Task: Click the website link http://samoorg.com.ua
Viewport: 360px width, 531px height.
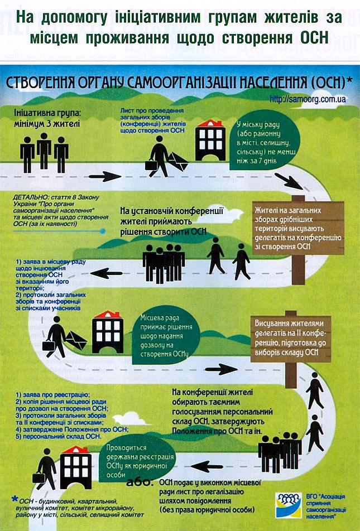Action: [x=308, y=99]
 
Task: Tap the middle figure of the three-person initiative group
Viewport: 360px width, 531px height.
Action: [x=44, y=151]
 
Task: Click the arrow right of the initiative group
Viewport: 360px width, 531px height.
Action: [x=105, y=176]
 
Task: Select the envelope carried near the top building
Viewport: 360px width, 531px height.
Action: [x=178, y=162]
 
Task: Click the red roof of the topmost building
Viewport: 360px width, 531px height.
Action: [x=210, y=123]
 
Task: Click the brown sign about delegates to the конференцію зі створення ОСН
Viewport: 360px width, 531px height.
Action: [x=298, y=228]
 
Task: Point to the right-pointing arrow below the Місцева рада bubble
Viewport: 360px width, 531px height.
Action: [x=221, y=369]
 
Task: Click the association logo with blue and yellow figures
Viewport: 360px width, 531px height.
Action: [x=288, y=505]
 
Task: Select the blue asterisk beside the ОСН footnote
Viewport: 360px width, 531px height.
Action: [x=15, y=499]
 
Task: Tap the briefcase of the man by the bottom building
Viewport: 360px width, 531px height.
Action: [x=39, y=478]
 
